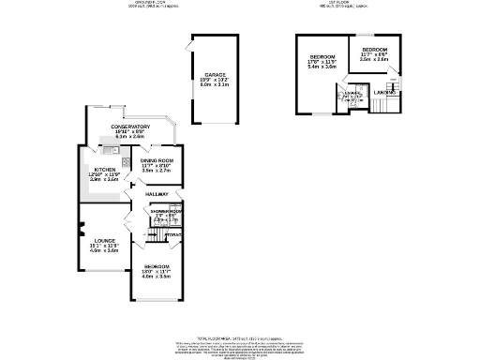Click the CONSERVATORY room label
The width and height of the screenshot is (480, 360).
(x=130, y=127)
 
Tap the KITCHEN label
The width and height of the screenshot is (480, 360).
(x=104, y=170)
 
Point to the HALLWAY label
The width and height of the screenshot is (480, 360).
(x=156, y=194)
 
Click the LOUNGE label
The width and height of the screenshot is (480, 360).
(x=104, y=241)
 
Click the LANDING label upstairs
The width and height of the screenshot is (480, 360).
(x=382, y=92)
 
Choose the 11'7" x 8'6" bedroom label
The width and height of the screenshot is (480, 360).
(x=375, y=49)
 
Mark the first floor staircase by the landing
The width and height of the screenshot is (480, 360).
(x=384, y=103)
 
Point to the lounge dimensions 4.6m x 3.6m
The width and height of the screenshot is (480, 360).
(x=104, y=250)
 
